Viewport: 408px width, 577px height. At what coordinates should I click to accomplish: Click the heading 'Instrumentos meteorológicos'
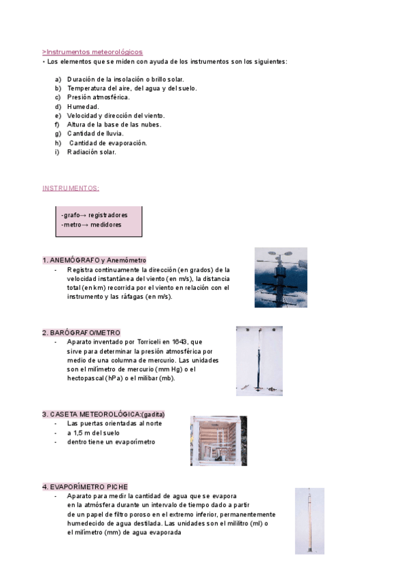93,52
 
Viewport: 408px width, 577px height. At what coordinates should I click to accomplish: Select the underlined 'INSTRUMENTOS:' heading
71,188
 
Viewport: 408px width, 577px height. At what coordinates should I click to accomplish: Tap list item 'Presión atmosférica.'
98,97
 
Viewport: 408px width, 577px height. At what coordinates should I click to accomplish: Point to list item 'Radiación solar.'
92,152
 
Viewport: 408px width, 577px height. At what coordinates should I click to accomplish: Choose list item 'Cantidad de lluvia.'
95,134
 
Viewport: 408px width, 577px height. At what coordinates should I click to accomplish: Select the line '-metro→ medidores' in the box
91,225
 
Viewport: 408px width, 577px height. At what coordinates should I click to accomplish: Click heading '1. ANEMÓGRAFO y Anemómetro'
94,261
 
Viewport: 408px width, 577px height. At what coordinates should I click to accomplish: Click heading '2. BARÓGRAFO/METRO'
81,333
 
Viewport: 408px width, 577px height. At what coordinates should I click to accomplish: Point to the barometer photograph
259,361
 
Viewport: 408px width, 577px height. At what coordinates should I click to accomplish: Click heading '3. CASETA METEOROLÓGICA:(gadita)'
103,414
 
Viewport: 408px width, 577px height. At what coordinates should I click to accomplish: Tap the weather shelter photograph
218,440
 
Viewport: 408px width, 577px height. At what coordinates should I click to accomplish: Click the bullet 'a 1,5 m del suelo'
93,433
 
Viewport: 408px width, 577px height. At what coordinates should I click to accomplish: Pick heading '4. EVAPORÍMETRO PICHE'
85,487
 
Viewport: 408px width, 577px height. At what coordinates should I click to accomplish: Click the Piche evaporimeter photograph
309,521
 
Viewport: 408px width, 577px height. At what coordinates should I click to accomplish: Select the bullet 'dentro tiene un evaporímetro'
111,442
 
